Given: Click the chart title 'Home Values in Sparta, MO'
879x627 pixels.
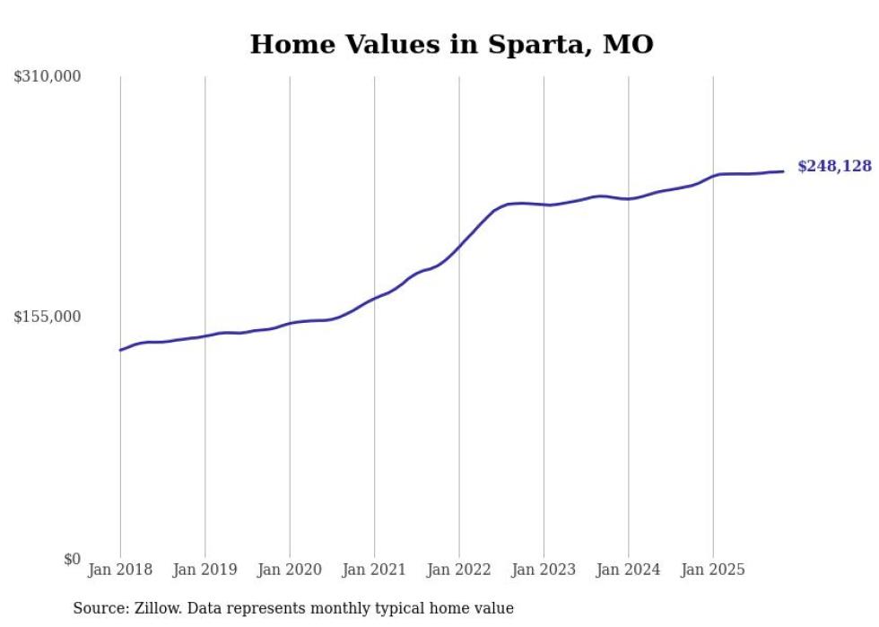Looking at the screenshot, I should click(x=451, y=44).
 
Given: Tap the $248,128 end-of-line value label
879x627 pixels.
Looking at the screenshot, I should click(x=834, y=166).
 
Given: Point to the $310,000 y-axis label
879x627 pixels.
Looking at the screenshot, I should click(x=48, y=77).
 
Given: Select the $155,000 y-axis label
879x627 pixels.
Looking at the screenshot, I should click(x=48, y=317).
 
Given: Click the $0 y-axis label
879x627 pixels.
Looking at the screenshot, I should click(x=72, y=559).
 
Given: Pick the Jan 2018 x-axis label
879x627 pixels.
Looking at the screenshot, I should click(x=120, y=570).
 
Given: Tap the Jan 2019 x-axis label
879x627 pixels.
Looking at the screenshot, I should click(x=205, y=570).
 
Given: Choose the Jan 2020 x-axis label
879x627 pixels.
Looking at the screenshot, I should click(x=290, y=570).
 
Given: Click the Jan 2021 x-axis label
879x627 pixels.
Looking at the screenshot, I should click(x=374, y=570).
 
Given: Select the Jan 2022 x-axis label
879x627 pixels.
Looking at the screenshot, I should click(x=459, y=570).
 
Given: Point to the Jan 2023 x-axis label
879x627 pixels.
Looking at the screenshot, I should click(x=544, y=570).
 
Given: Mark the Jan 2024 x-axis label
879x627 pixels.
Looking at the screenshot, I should click(x=629, y=570).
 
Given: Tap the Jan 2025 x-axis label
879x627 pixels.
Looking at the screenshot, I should click(x=713, y=570).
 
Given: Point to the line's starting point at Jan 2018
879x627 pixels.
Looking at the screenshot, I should click(x=120, y=350).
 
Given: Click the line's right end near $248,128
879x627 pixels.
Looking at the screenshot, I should click(x=783, y=171).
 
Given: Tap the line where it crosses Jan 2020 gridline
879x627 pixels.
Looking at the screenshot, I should click(x=290, y=323).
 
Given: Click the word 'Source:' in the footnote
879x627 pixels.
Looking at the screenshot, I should click(x=100, y=609).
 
